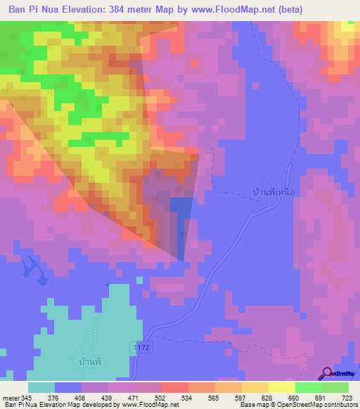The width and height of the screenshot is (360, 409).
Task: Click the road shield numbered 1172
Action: tap(141, 348)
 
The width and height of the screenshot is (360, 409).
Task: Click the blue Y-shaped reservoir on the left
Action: tap(32, 270)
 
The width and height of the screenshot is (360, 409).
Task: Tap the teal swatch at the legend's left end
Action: tap(41, 387)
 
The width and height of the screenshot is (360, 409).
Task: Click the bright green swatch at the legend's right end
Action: tap(335, 387)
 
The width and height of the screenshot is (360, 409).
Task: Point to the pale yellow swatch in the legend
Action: tap(281, 387)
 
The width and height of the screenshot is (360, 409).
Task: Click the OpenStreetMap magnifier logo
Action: tap(326, 373)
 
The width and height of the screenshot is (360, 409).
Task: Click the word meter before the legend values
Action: tap(10, 398)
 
